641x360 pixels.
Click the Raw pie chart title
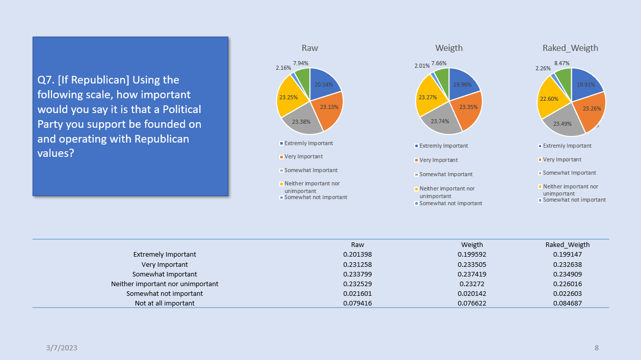click(310, 48)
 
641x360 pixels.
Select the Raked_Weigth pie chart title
click(570, 48)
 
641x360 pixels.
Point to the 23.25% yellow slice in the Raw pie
click(289, 97)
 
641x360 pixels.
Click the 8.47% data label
click(562, 63)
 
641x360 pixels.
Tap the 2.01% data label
click(422, 66)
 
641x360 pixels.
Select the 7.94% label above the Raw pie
click(301, 63)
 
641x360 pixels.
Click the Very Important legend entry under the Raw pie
click(301, 156)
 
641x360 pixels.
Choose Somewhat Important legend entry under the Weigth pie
click(443, 174)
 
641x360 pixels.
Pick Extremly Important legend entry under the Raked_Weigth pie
click(565, 146)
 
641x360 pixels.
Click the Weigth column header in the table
click(472, 245)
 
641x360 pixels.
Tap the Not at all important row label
click(165, 303)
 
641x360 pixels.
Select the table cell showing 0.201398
click(357, 254)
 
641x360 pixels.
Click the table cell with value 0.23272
click(472, 284)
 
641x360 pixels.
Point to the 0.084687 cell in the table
click(568, 303)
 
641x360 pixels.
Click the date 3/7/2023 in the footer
click(62, 348)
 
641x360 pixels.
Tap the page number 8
click(597, 348)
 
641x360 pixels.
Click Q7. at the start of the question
click(46, 80)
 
